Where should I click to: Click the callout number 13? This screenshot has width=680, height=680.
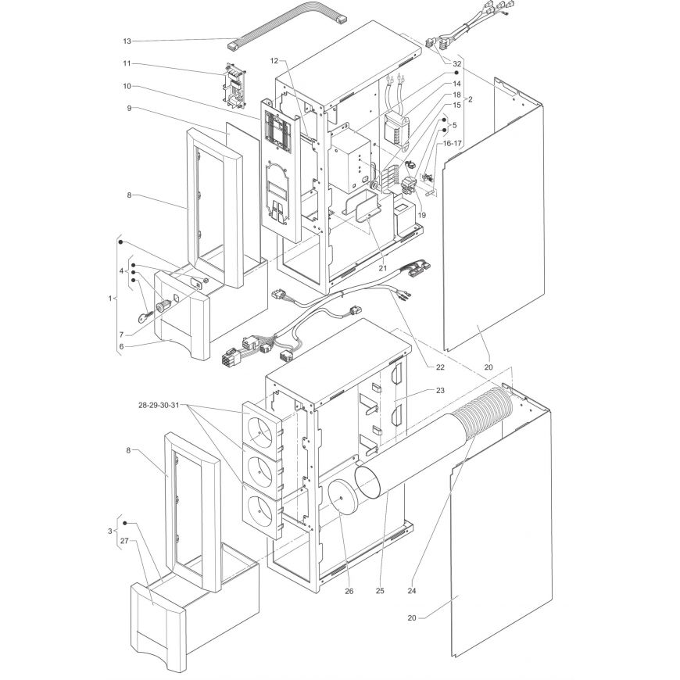pos(127,41)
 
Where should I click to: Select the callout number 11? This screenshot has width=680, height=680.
pos(127,63)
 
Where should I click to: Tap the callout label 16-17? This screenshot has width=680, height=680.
pos(451,143)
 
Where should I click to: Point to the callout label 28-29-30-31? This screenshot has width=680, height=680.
pos(159,406)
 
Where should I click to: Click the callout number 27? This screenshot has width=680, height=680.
pos(125,541)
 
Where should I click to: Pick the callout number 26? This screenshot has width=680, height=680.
pos(349,591)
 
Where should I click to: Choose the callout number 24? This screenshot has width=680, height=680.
pos(412,590)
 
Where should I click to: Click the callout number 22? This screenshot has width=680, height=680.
pos(440,367)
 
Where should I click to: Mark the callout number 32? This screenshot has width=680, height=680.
pos(457,63)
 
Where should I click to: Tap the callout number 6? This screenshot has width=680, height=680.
pos(121,346)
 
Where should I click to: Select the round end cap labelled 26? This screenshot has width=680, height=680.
pos(342,497)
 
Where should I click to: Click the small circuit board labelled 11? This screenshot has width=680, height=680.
pos(234,86)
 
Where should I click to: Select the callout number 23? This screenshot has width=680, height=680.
pos(440,390)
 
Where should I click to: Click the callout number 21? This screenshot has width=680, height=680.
pos(382,268)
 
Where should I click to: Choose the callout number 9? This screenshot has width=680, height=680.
pos(129,108)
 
